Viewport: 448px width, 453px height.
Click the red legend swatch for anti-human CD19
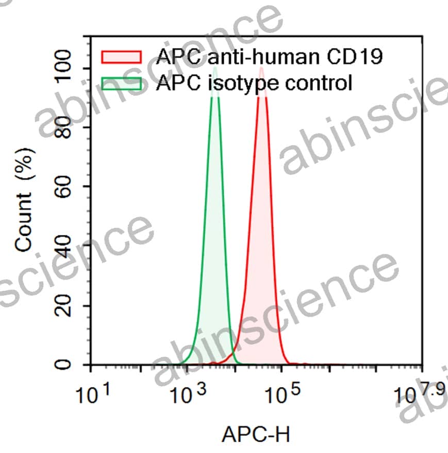(122, 56)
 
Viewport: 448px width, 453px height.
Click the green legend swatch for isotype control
(122, 83)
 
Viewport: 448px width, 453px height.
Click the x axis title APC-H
(256, 434)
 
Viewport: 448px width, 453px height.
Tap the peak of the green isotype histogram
(215, 68)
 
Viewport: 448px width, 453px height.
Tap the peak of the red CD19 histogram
(262, 68)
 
